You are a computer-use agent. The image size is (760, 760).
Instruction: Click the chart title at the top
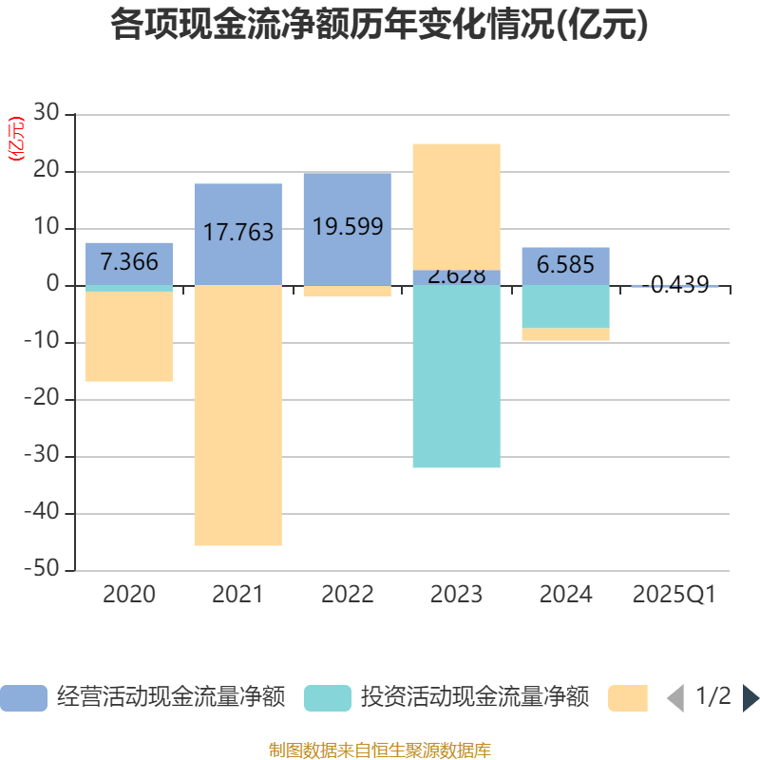380,26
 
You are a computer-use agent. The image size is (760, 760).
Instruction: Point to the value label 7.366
129,262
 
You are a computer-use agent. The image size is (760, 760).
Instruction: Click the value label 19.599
348,227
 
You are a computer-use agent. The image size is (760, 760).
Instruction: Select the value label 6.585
566,265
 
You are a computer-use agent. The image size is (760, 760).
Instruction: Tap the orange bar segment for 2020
129,336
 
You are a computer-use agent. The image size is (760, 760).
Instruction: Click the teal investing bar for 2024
566,306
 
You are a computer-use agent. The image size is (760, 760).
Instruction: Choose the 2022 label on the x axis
348,595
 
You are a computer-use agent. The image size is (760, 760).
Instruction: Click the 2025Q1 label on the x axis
674,595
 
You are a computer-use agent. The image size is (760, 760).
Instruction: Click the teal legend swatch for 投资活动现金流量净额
327,698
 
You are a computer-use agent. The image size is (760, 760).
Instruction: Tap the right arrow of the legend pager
750,698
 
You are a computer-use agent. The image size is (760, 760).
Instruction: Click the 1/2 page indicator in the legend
713,697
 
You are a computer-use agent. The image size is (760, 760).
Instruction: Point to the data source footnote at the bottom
380,750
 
